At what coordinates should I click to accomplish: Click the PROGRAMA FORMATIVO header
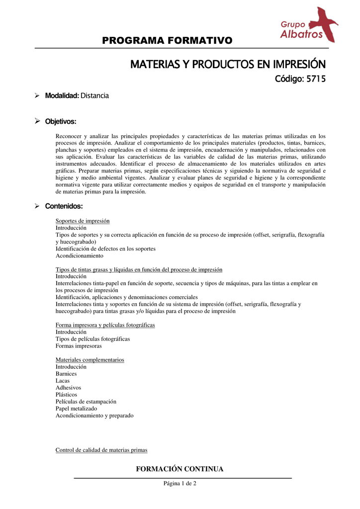click(167, 40)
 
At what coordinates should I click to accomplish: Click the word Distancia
click(95, 95)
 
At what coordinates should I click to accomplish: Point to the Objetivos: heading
click(61, 121)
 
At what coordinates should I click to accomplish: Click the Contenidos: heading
click(64, 206)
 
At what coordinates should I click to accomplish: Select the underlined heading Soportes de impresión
click(83, 221)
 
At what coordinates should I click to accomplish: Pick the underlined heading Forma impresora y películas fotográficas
click(105, 325)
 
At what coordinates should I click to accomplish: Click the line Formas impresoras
click(79, 346)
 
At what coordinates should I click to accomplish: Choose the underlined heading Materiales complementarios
click(90, 360)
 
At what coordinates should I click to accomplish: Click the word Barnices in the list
click(66, 374)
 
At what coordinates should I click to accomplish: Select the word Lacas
click(63, 381)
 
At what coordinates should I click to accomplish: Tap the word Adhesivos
click(68, 388)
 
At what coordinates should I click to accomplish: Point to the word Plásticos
click(66, 395)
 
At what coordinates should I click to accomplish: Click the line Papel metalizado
click(76, 409)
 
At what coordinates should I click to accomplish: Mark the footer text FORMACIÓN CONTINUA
click(180, 469)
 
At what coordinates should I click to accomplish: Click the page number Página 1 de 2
click(180, 484)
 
